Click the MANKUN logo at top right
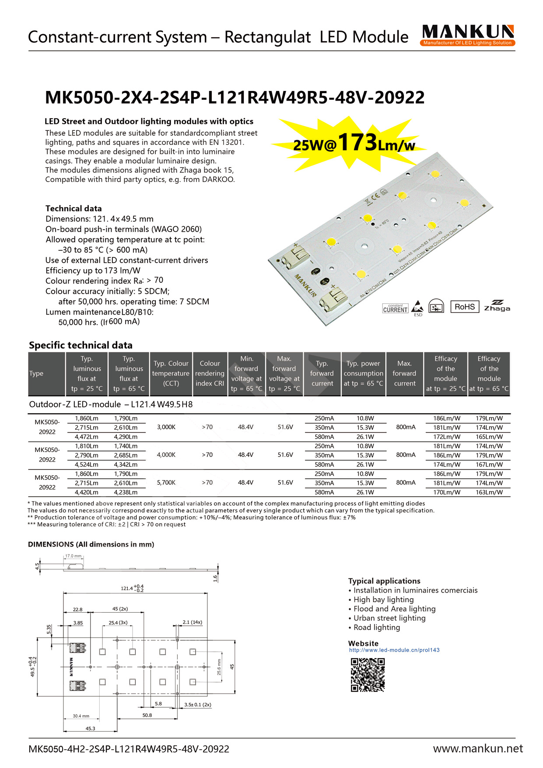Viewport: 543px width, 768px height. tap(468, 35)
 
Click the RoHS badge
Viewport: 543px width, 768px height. tap(464, 307)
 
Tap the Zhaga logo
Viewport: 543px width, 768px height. tap(497, 306)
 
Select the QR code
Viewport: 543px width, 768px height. tap(368, 675)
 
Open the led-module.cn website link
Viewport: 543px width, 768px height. tap(394, 650)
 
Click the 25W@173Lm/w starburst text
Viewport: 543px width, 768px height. tap(354, 144)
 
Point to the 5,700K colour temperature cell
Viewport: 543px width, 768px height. tap(166, 483)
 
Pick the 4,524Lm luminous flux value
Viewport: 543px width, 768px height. tap(87, 464)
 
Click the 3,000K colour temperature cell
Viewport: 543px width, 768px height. tap(166, 427)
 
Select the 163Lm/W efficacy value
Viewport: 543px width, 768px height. tap(489, 492)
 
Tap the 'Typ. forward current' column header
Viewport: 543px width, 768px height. tap(322, 374)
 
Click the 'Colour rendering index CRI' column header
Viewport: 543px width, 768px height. tap(210, 374)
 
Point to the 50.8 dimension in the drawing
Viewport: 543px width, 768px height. tap(147, 715)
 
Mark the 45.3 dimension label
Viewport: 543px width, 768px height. tap(90, 729)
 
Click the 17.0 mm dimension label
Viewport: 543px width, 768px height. tap(73, 556)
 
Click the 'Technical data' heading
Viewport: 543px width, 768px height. tap(74, 209)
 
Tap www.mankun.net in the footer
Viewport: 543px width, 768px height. tap(477, 749)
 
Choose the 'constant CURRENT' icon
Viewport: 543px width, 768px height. tap(395, 309)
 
